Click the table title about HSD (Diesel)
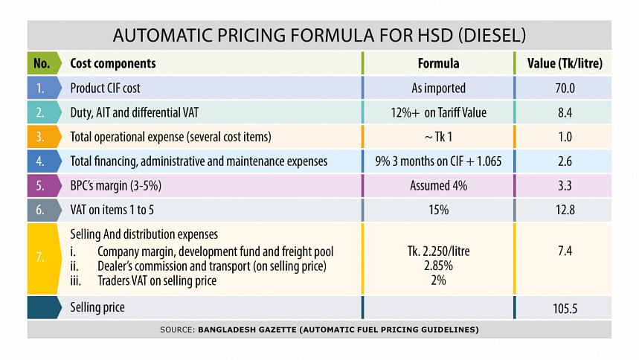319,35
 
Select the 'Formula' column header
438,63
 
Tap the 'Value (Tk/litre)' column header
565,63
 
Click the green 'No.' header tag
42,63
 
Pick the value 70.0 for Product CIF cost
565,88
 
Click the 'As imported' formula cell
438,88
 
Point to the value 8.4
565,112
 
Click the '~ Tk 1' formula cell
438,137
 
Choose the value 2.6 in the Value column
565,161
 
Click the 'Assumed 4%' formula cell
438,185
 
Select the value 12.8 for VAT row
565,210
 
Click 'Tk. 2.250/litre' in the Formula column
438,251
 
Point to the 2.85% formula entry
438,266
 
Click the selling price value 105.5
565,307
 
